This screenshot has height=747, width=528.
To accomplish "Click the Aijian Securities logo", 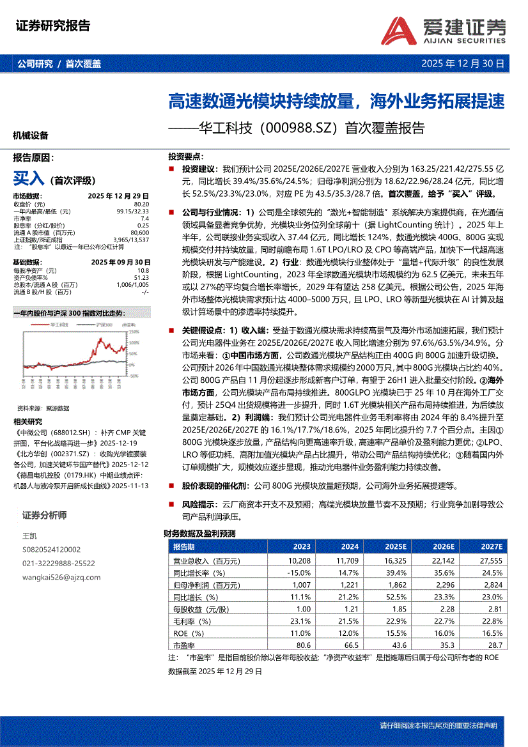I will coord(447,29).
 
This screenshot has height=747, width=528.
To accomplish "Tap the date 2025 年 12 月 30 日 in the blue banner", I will coord(463,64).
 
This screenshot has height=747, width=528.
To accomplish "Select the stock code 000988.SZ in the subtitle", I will coord(299,128).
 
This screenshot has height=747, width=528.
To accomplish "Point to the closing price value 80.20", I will coord(141,204).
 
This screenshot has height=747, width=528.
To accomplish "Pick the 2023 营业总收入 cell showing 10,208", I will coord(299,560).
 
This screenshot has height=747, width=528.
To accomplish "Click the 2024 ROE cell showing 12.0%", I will coord(349,633).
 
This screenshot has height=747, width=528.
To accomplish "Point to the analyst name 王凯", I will coord(29,535).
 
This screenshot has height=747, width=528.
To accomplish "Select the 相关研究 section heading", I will coord(27,421).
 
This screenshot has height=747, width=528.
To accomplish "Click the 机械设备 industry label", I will coord(31,135).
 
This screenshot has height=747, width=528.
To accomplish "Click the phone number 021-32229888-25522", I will coord(58,563).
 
